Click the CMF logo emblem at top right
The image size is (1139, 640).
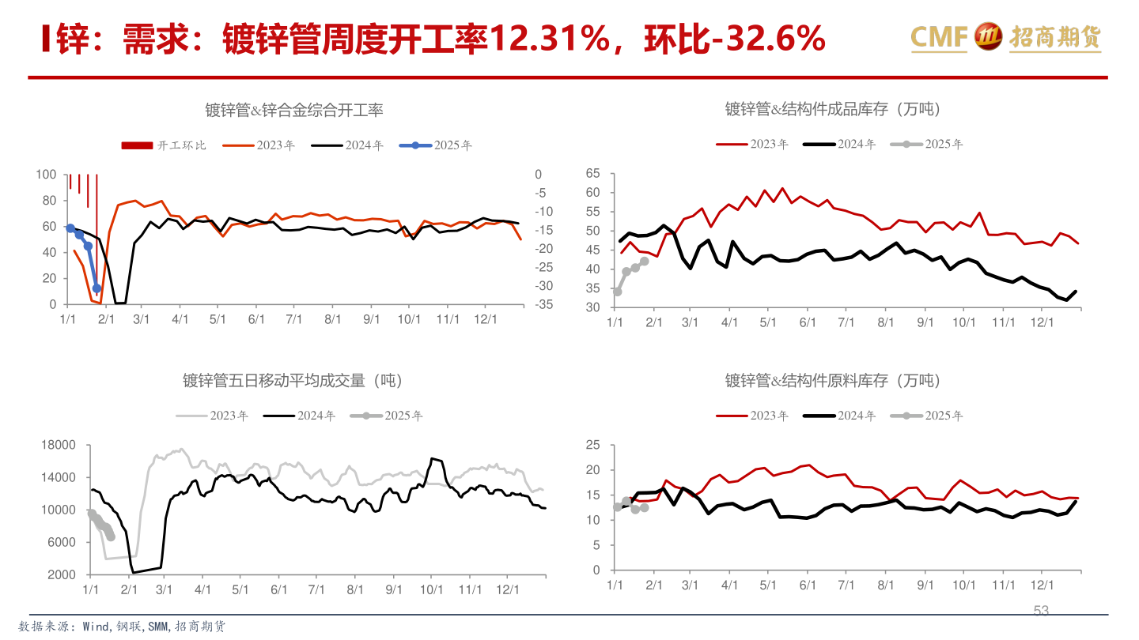(x=988, y=36)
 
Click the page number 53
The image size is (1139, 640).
(x=1041, y=611)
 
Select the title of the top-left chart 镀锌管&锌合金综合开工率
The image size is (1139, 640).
(x=294, y=110)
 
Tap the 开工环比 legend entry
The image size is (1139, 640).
(x=164, y=145)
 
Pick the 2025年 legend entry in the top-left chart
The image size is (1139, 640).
(x=436, y=145)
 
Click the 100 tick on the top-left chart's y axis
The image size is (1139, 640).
(x=47, y=175)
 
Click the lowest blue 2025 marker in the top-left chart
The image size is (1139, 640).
(x=96, y=288)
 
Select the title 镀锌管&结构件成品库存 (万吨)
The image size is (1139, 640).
(x=834, y=109)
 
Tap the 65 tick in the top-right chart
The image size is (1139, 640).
(x=592, y=173)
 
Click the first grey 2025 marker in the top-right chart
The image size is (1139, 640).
(x=617, y=292)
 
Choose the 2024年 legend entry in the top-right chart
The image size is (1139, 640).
(x=840, y=144)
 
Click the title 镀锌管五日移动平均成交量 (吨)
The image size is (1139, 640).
(x=293, y=381)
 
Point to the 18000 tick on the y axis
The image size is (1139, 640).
(x=57, y=446)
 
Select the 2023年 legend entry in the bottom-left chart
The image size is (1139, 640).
(x=213, y=416)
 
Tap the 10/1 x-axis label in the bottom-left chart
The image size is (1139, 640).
(x=431, y=589)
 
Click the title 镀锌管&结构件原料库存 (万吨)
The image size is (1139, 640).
(x=834, y=381)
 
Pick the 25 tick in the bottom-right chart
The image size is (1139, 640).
(x=592, y=446)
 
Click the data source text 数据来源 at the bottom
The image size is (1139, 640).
(x=127, y=626)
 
